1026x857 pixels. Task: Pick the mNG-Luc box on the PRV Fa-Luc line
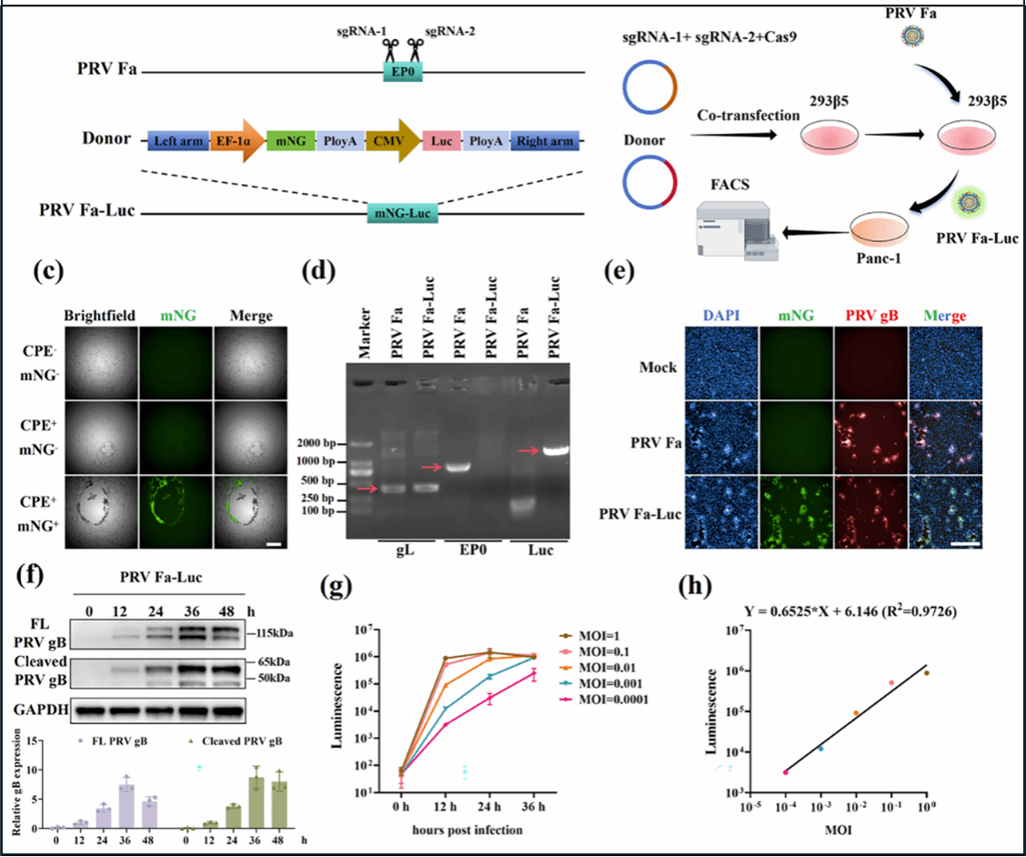(x=401, y=213)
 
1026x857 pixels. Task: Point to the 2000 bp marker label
(x=322, y=443)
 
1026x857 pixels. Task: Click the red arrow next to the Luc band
(x=528, y=449)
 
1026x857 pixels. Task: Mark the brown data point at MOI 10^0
(x=927, y=672)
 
